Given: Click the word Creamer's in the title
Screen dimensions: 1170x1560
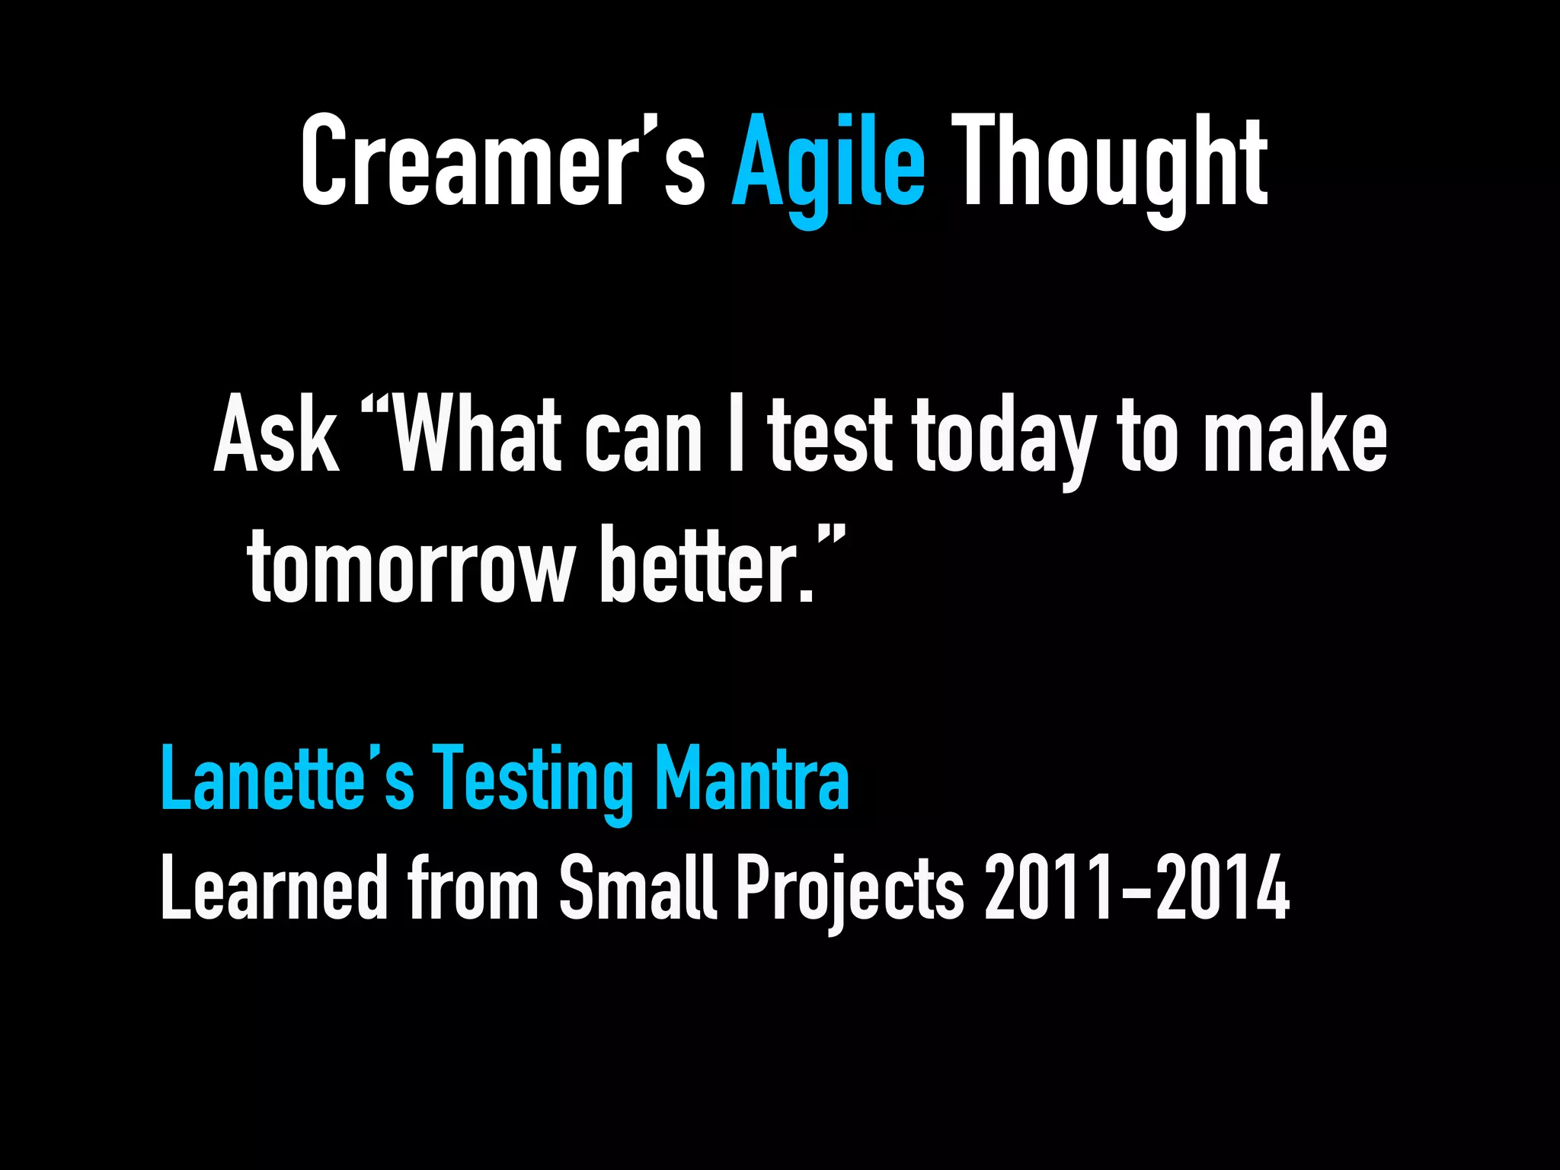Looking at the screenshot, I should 503,161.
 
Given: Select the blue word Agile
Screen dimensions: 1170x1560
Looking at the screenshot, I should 828,164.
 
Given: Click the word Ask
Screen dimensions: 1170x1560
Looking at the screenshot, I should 276,436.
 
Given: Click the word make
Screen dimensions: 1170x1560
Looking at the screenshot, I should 1295,436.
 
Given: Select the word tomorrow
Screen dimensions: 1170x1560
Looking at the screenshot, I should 411,565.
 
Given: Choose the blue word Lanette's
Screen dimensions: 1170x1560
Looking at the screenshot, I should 287,778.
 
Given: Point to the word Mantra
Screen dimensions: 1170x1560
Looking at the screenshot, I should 752,778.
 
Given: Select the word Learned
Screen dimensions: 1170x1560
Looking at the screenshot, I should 273,887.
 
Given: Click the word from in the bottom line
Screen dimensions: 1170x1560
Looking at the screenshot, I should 473,887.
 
